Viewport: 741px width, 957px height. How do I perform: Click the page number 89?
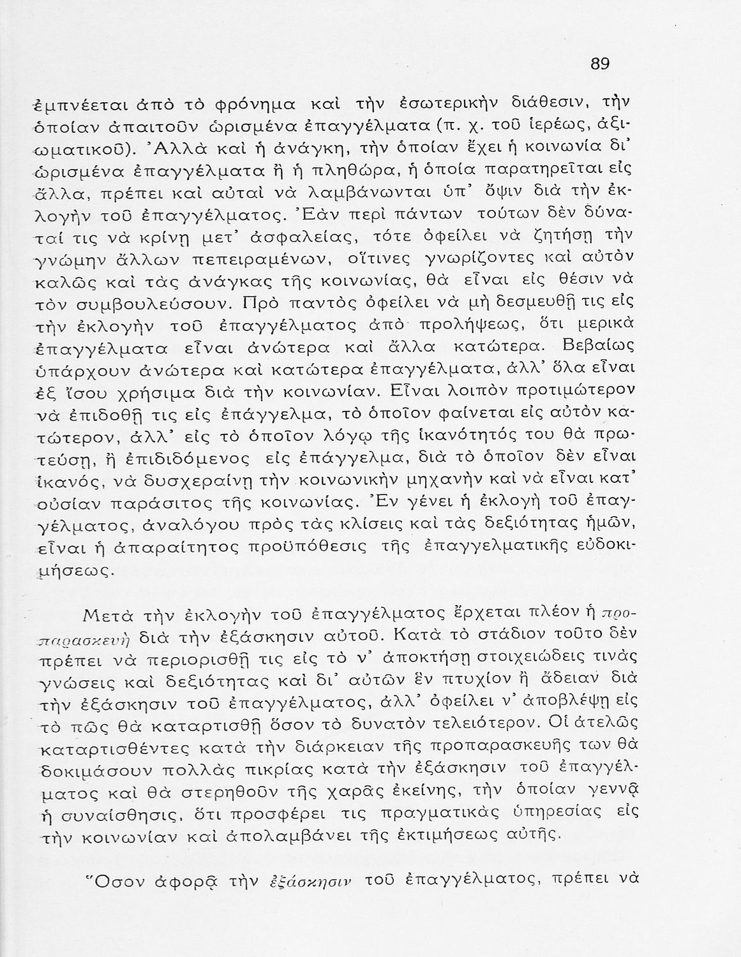tap(600, 64)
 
